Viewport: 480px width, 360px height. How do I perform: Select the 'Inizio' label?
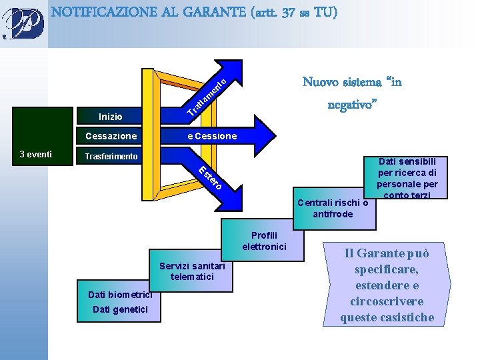point(110,117)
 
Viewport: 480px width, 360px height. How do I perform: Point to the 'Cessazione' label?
point(111,136)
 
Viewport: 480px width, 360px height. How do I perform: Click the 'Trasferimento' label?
point(111,157)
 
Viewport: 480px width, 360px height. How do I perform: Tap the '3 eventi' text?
point(35,154)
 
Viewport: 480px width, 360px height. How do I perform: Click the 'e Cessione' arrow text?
point(212,136)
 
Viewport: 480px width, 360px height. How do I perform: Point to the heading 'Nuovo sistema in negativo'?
point(352,93)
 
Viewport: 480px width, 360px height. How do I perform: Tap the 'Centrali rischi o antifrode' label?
point(333,208)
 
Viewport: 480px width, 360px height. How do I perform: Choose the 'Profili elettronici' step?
point(264,241)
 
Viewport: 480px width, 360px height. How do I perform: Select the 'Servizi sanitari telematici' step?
point(192,271)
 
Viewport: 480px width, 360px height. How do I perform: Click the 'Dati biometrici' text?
point(120,295)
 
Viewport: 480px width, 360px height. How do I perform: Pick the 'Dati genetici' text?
point(117,309)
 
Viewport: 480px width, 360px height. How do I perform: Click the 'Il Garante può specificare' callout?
point(387,285)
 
